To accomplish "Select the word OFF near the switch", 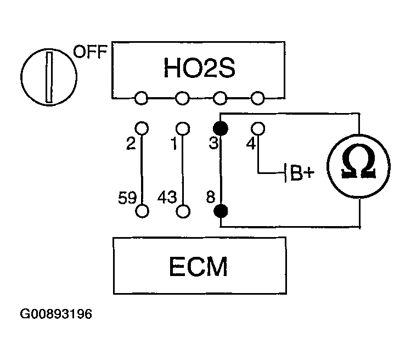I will [91, 53].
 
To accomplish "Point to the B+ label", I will [302, 174].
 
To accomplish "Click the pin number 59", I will [127, 196].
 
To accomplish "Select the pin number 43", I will [167, 196].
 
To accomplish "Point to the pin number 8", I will [210, 196].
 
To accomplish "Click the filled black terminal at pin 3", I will [221, 129].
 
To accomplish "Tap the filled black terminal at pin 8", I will [221, 211].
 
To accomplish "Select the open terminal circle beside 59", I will [142, 211].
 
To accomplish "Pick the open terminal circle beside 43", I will [183, 211].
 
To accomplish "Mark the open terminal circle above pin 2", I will [142, 128].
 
